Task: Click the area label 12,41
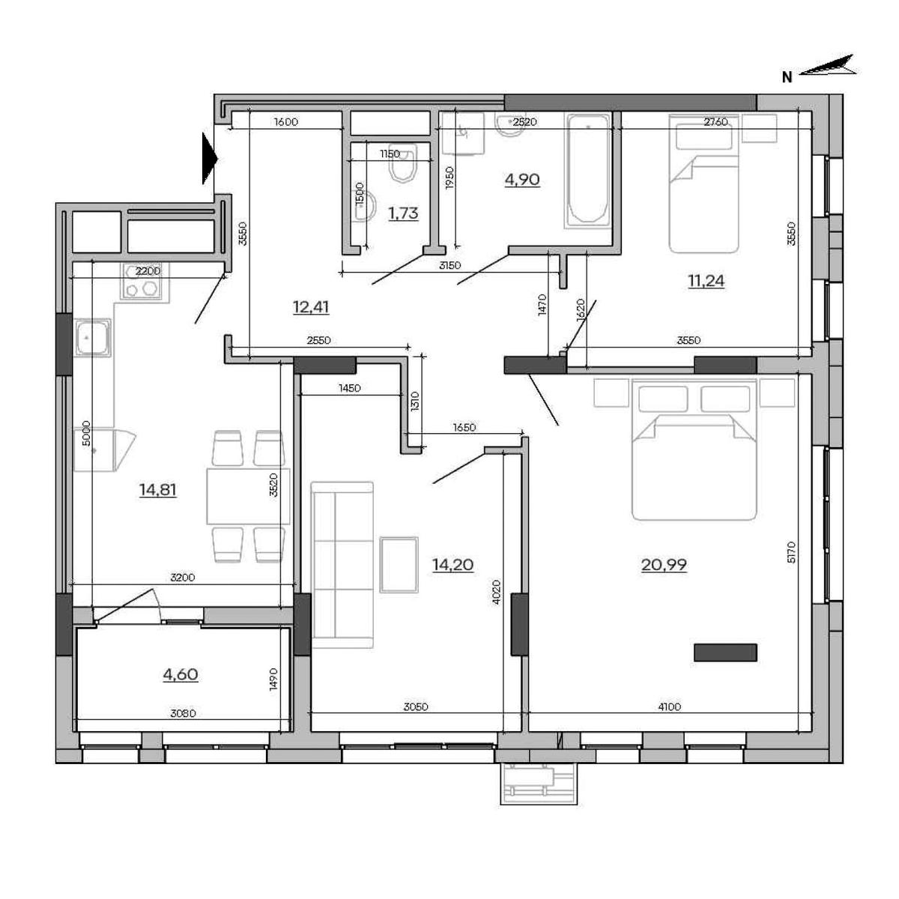coord(311,307)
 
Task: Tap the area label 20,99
coord(664,565)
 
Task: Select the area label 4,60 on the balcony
coord(181,674)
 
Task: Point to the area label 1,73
coord(403,214)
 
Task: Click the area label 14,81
coord(157,490)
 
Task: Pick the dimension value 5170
coord(791,552)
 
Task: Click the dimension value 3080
coord(183,713)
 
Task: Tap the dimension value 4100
coord(669,706)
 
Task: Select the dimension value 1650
coord(464,427)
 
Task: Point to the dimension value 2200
coord(148,270)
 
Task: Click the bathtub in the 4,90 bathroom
coord(587,171)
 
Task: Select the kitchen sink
coord(93,337)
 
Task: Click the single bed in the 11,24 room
coord(704,184)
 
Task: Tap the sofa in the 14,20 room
coord(342,565)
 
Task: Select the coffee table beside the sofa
coord(399,565)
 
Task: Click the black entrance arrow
coord(210,159)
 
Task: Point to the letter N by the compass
coord(787,78)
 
